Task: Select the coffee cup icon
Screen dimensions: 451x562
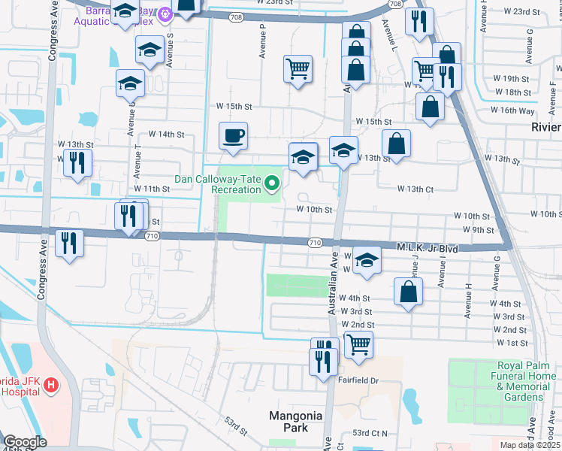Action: click(233, 136)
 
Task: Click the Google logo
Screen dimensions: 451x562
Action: click(25, 442)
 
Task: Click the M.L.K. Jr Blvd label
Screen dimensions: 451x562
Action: click(427, 247)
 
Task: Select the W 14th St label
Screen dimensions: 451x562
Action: click(167, 134)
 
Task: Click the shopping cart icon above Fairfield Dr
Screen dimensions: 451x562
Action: click(359, 344)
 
